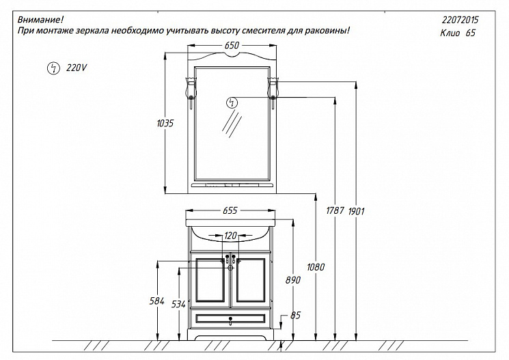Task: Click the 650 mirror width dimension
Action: [x=232, y=46]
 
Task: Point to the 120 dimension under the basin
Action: [x=231, y=236]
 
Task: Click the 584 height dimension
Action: [x=157, y=301]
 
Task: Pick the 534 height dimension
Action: [x=178, y=305]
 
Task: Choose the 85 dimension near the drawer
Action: [x=296, y=315]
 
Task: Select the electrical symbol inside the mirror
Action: [x=232, y=103]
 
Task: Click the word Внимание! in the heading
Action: [x=34, y=20]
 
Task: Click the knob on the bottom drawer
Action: [x=231, y=318]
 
